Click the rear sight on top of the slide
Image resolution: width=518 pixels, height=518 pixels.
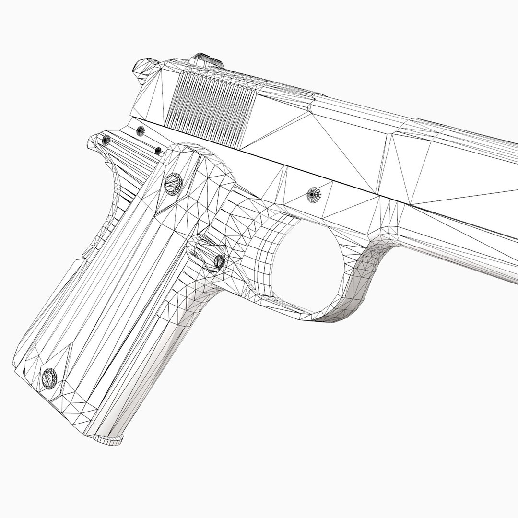pos(207,61)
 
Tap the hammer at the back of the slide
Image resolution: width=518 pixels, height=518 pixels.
pos(145,67)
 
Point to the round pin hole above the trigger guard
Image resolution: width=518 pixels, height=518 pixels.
pos(315,194)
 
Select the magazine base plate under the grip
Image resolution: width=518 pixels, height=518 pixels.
pos(108,439)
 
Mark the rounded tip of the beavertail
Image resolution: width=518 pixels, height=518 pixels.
pos(91,141)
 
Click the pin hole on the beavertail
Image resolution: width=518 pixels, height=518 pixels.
pos(106,140)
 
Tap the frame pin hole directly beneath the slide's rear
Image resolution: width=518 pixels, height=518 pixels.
pos(140,130)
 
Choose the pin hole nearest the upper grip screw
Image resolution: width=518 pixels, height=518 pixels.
pos(158,151)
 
